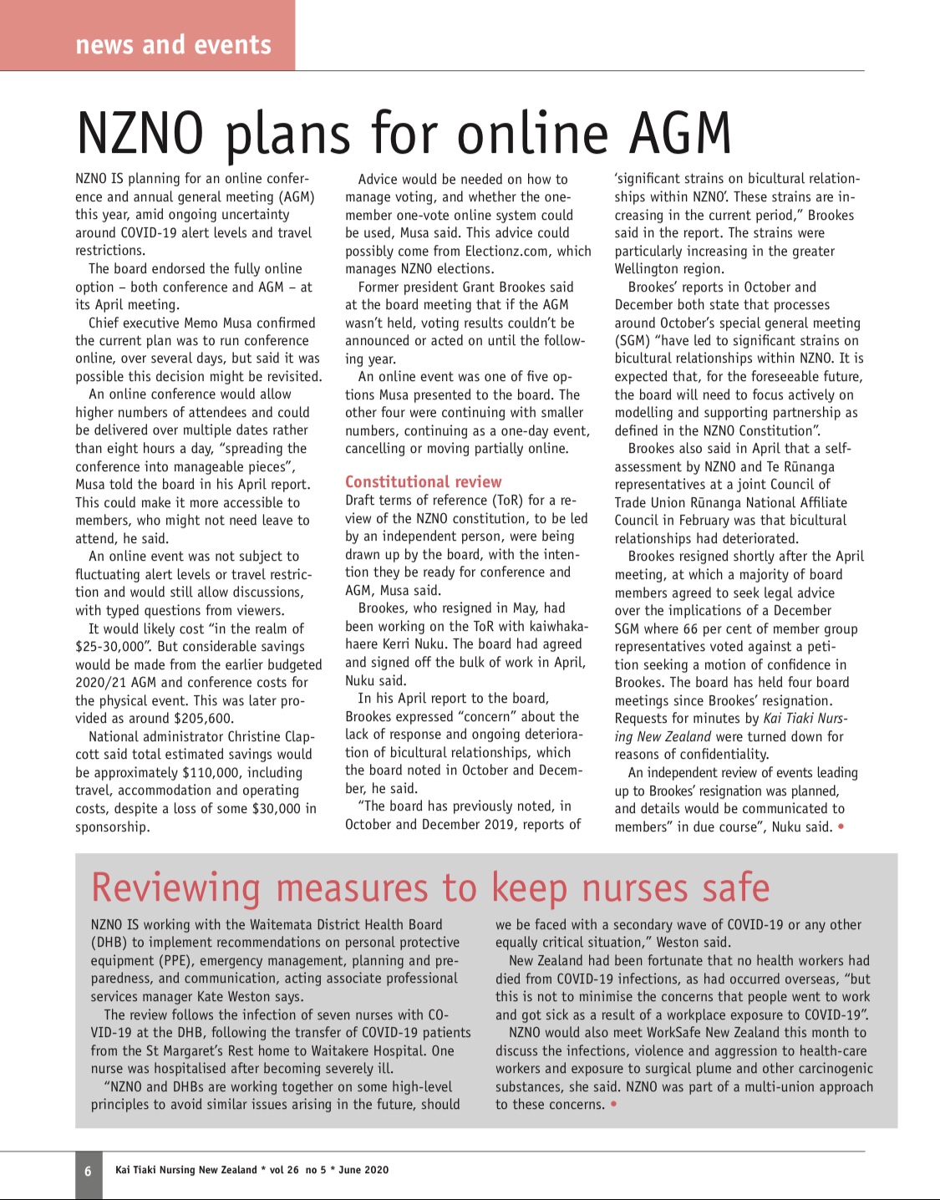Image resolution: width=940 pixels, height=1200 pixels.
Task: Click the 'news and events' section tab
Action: [173, 44]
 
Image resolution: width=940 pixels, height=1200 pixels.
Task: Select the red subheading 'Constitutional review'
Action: [423, 481]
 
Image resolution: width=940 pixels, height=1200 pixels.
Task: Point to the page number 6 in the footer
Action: [88, 1171]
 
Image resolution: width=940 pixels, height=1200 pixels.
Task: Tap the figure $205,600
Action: [203, 719]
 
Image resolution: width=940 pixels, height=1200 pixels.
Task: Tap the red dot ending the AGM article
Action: [841, 827]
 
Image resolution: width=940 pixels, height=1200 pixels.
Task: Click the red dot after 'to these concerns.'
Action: [614, 1105]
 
